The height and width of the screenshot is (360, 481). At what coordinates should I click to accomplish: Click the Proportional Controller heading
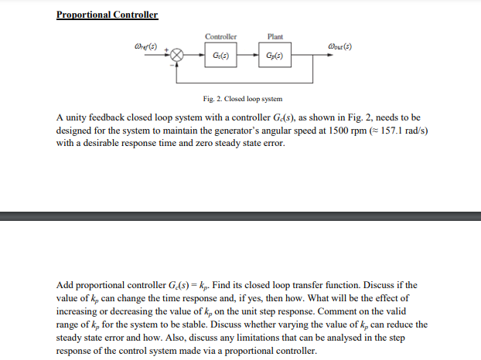(107, 15)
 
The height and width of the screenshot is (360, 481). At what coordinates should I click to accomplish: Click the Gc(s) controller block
(220, 56)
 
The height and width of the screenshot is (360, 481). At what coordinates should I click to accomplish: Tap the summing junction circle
(178, 56)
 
